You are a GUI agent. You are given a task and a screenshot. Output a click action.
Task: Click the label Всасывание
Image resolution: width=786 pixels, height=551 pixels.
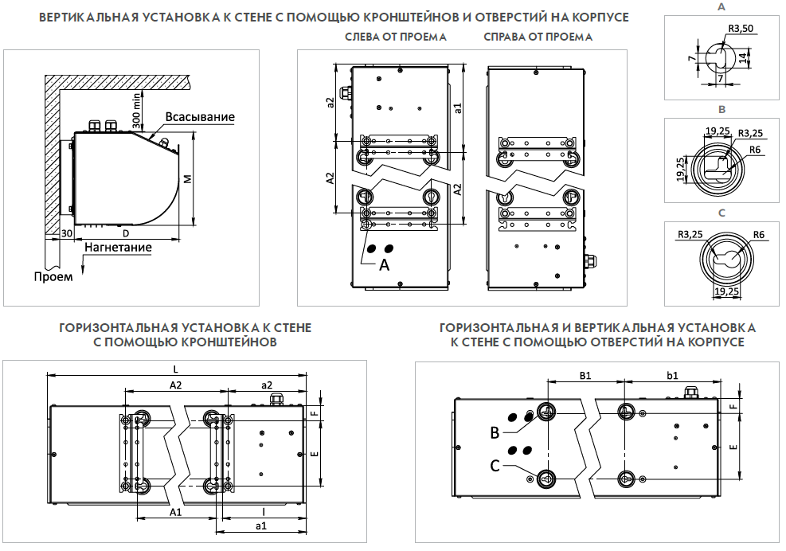pyautogui.click(x=200, y=117)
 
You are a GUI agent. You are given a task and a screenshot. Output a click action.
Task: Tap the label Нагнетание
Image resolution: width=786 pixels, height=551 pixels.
pyautogui.click(x=117, y=247)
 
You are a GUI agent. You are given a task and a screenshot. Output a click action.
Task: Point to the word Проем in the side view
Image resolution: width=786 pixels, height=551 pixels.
pyautogui.click(x=53, y=276)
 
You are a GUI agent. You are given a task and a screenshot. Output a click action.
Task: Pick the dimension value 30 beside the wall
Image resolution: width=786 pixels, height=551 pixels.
pyautogui.click(x=68, y=233)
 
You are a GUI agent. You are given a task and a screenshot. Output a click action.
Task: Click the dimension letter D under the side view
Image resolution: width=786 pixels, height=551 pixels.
pyautogui.click(x=126, y=233)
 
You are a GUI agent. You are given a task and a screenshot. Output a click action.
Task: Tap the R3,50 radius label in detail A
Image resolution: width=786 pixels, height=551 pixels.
pyautogui.click(x=741, y=29)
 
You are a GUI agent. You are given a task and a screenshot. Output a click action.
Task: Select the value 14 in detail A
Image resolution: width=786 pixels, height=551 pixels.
pyautogui.click(x=743, y=58)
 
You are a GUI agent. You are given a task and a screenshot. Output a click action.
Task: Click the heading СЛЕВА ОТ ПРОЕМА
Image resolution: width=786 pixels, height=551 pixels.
pyautogui.click(x=396, y=37)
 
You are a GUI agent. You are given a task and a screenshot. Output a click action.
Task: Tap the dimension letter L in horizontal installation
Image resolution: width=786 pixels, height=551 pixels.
pyautogui.click(x=175, y=368)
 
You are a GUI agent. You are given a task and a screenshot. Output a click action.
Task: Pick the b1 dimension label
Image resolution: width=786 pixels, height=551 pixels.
pyautogui.click(x=672, y=374)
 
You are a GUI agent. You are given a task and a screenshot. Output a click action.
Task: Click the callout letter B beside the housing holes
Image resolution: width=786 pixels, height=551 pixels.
pyautogui.click(x=495, y=433)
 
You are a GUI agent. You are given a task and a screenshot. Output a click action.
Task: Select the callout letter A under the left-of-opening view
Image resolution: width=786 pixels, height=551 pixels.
pyautogui.click(x=385, y=265)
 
